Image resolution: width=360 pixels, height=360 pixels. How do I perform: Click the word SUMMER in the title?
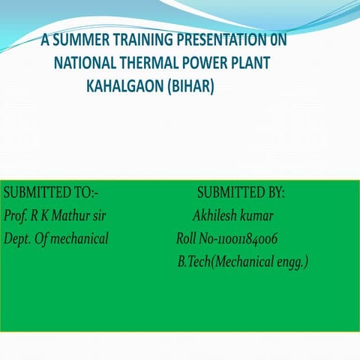[x=76, y=39]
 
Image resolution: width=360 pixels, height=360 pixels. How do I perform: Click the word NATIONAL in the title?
[x=84, y=63]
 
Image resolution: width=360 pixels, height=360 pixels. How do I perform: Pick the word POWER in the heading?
[x=204, y=63]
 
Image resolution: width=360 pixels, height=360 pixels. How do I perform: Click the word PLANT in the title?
[x=251, y=63]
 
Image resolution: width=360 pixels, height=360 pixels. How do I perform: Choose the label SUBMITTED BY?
[x=241, y=193]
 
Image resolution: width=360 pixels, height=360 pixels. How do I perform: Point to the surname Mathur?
[x=73, y=216]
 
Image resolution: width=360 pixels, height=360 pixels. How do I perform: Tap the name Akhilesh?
[x=214, y=216]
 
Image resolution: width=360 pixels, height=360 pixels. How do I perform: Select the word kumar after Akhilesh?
[x=256, y=216]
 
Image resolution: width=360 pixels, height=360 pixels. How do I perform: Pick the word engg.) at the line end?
[x=292, y=262]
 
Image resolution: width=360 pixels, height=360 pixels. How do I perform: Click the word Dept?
[x=16, y=239]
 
